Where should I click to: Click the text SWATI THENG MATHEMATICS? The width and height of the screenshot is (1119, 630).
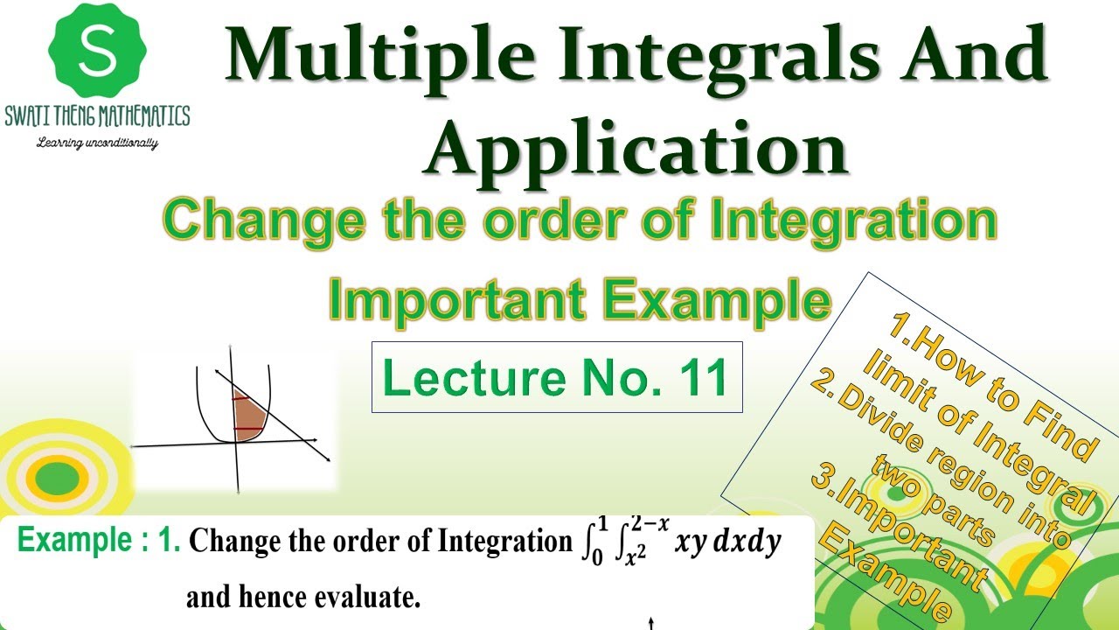(x=97, y=116)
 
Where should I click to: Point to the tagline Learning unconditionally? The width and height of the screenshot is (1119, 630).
(x=97, y=143)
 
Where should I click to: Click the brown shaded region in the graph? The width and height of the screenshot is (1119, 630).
(x=249, y=417)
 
